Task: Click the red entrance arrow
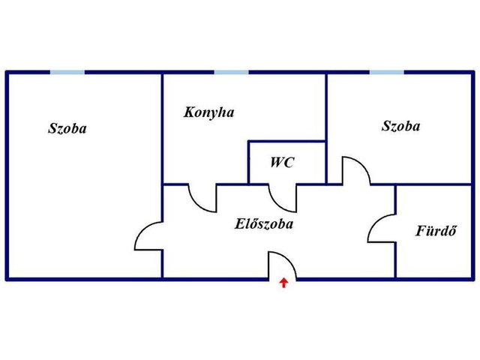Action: click(283, 283)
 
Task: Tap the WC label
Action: click(282, 162)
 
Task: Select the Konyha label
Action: click(208, 112)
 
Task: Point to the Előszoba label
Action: click(264, 223)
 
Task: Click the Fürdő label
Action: click(436, 230)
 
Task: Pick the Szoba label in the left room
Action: click(67, 128)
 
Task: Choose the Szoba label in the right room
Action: click(400, 126)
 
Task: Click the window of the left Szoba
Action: click(67, 72)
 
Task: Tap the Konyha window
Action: click(231, 72)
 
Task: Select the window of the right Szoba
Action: click(387, 72)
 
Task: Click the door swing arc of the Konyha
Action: click(196, 204)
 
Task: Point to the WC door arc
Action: click(277, 204)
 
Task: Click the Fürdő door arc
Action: click(375, 222)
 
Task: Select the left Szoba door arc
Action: click(142, 229)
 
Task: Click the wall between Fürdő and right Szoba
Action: click(433, 184)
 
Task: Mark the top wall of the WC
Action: click(286, 141)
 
